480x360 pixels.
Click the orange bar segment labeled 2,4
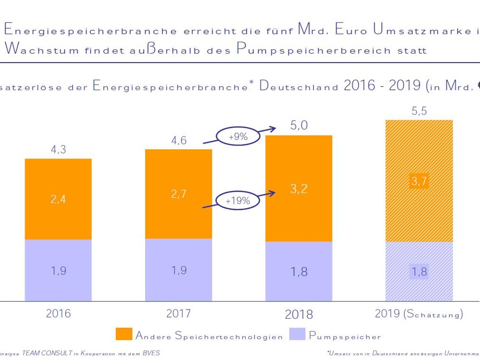tap(58, 199)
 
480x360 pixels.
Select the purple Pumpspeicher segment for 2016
tap(58, 270)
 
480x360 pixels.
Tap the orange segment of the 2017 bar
tap(178, 194)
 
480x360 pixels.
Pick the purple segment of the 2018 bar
tap(298, 271)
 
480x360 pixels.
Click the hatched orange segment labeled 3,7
tap(418, 181)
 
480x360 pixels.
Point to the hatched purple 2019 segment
tap(418, 271)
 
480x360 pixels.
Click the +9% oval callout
tap(238, 137)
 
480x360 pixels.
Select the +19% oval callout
tap(237, 200)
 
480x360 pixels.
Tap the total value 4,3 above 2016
tap(58, 150)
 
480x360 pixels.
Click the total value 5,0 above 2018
tap(299, 126)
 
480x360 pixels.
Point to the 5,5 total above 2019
tap(419, 111)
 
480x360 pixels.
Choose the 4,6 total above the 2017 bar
tap(178, 140)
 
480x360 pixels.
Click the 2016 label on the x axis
tap(58, 314)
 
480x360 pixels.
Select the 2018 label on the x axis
tap(299, 314)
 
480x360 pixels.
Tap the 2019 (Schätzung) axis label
tap(419, 314)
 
